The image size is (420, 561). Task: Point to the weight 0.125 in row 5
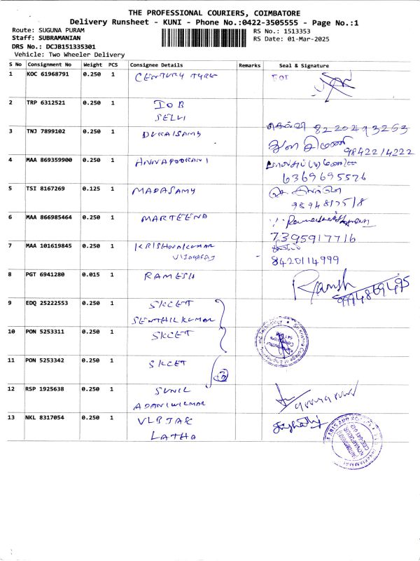point(92,189)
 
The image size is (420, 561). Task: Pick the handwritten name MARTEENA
point(174,218)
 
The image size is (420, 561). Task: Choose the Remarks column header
point(249,65)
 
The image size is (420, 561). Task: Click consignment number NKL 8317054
point(45,417)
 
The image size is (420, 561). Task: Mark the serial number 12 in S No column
point(12,388)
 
